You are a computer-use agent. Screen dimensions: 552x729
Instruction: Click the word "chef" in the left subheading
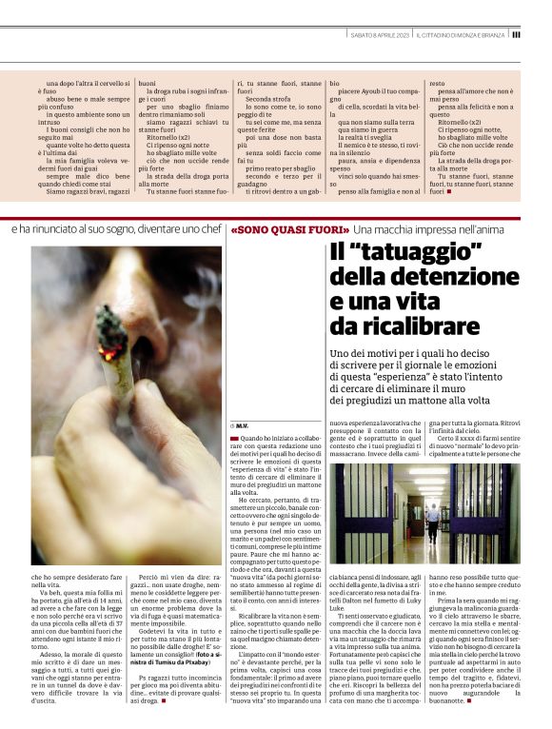208,230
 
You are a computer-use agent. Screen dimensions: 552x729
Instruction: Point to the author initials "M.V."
242,424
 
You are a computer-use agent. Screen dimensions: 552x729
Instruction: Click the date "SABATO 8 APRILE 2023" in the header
380,34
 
